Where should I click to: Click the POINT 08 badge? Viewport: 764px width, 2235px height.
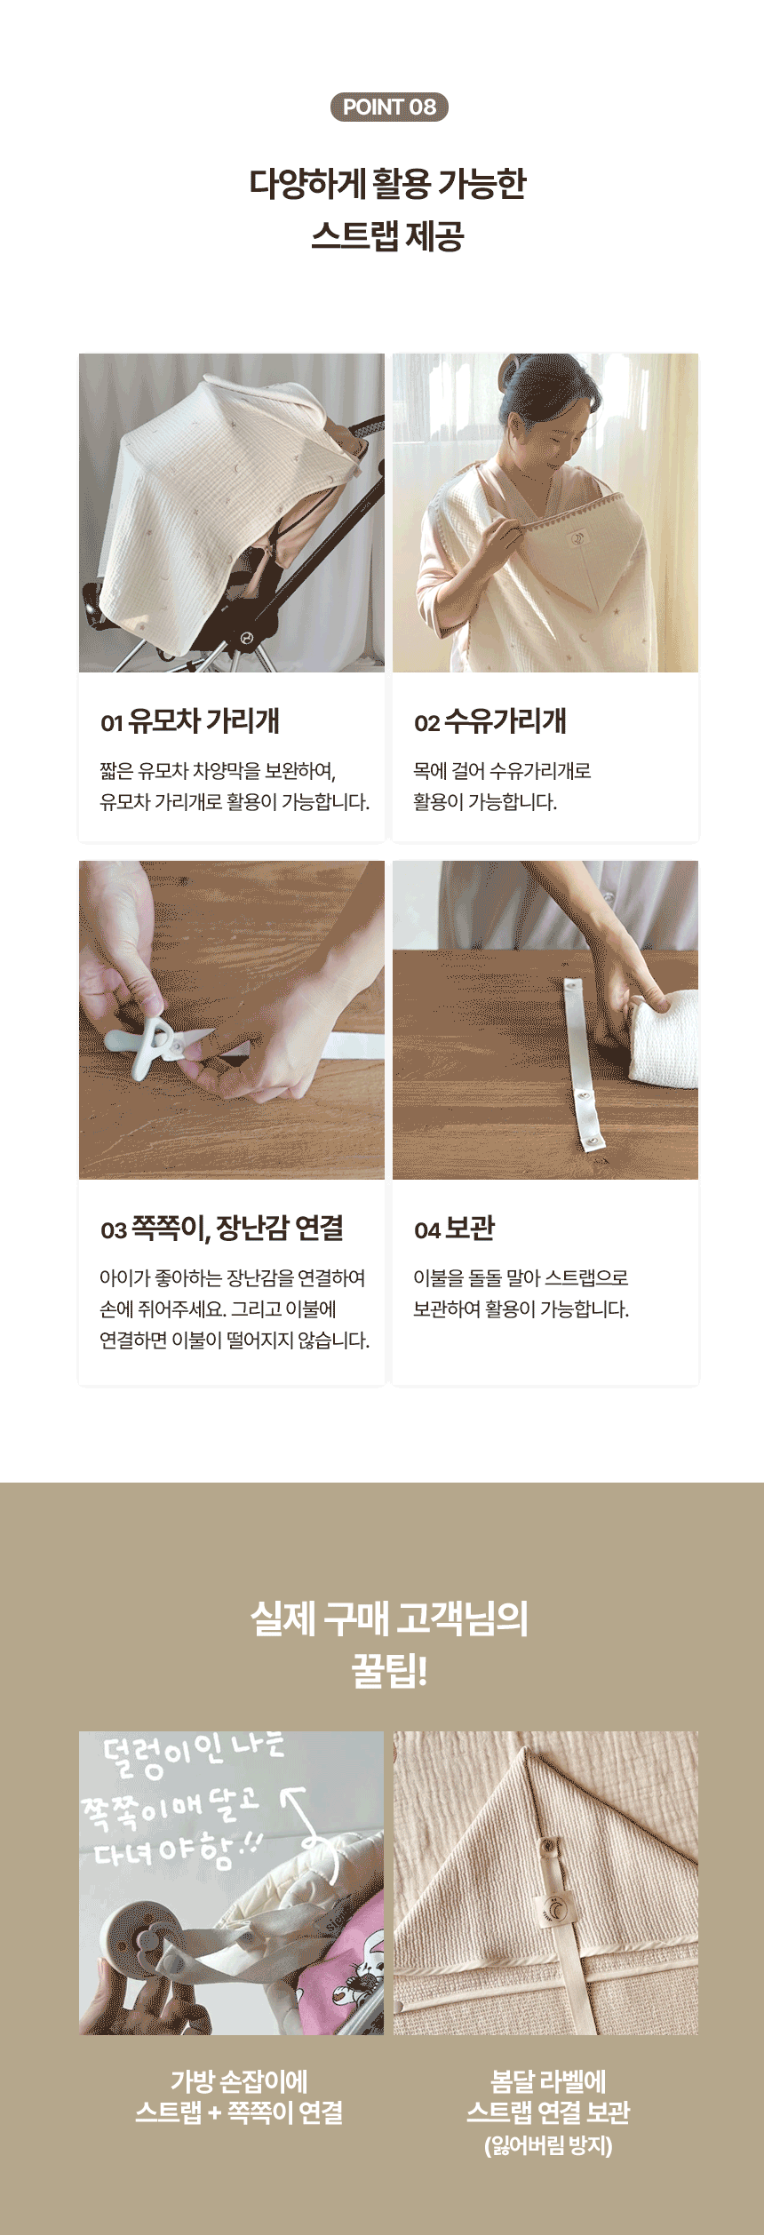(x=389, y=107)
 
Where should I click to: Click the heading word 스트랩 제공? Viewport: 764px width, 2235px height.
(x=388, y=236)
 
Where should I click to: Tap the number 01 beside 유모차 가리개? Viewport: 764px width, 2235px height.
(x=111, y=723)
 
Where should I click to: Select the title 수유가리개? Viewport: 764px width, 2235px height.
(x=505, y=721)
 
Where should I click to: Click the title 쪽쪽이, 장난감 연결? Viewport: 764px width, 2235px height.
(x=237, y=1229)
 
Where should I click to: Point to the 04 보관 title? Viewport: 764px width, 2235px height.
(x=454, y=1229)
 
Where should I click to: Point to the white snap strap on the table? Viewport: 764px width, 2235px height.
(x=583, y=1062)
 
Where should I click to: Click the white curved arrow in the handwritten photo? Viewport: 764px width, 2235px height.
(x=311, y=1830)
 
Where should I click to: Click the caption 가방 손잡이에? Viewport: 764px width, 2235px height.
(x=240, y=2081)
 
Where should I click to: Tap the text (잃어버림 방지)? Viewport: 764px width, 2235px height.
(x=548, y=2146)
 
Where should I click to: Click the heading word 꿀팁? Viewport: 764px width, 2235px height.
(x=389, y=1671)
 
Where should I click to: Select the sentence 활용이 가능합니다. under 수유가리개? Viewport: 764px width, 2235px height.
(x=485, y=802)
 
